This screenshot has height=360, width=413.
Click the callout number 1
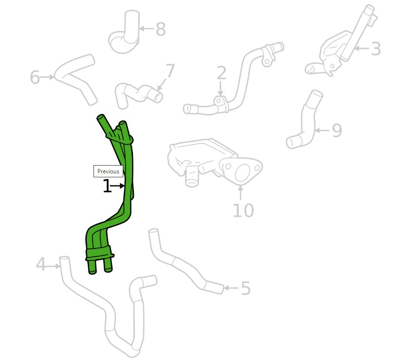[x=107, y=186]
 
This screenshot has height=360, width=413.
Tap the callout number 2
[x=222, y=73]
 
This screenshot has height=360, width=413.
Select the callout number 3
[x=375, y=49]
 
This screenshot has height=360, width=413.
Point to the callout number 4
[x=41, y=264]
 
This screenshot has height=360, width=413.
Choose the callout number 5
[x=245, y=288]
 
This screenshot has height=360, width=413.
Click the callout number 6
[x=35, y=77]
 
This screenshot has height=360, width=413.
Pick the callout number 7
[x=170, y=70]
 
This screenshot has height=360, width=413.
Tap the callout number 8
[x=161, y=29]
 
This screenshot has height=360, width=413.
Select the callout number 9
[x=337, y=131]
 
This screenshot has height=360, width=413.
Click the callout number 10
[x=244, y=210]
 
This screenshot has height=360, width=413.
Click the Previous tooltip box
[x=108, y=171]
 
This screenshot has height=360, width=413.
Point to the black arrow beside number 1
[x=117, y=186]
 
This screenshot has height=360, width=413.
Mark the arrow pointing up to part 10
[x=241, y=193]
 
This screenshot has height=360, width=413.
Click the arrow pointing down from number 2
[x=221, y=88]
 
